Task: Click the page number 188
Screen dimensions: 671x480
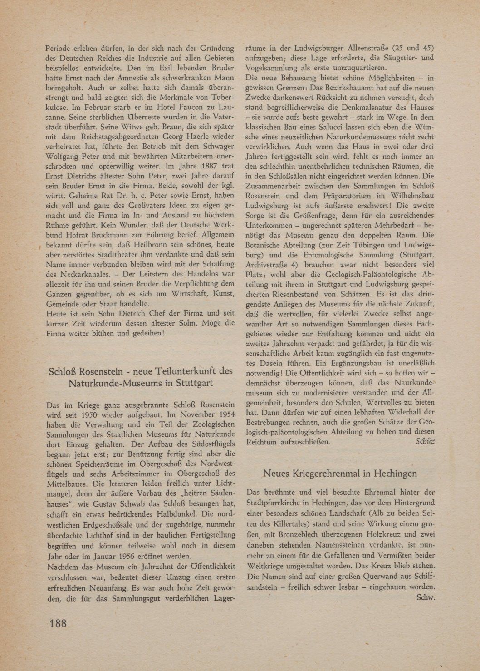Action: coord(58,622)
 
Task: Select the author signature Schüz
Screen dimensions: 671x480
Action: coord(425,441)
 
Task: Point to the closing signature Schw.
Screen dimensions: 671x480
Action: coord(426,597)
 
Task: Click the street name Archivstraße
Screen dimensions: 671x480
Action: coord(271,265)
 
